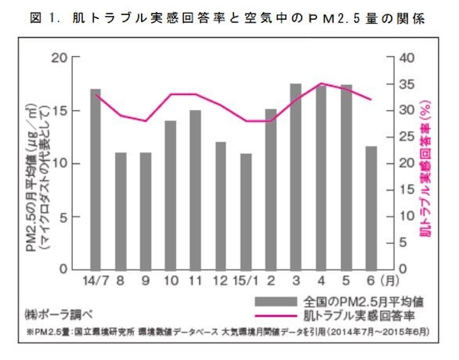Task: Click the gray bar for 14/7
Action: (x=95, y=178)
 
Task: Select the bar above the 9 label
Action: (x=146, y=210)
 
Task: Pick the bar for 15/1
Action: (x=246, y=211)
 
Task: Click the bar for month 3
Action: (x=296, y=176)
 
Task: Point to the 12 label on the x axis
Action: (x=220, y=280)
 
